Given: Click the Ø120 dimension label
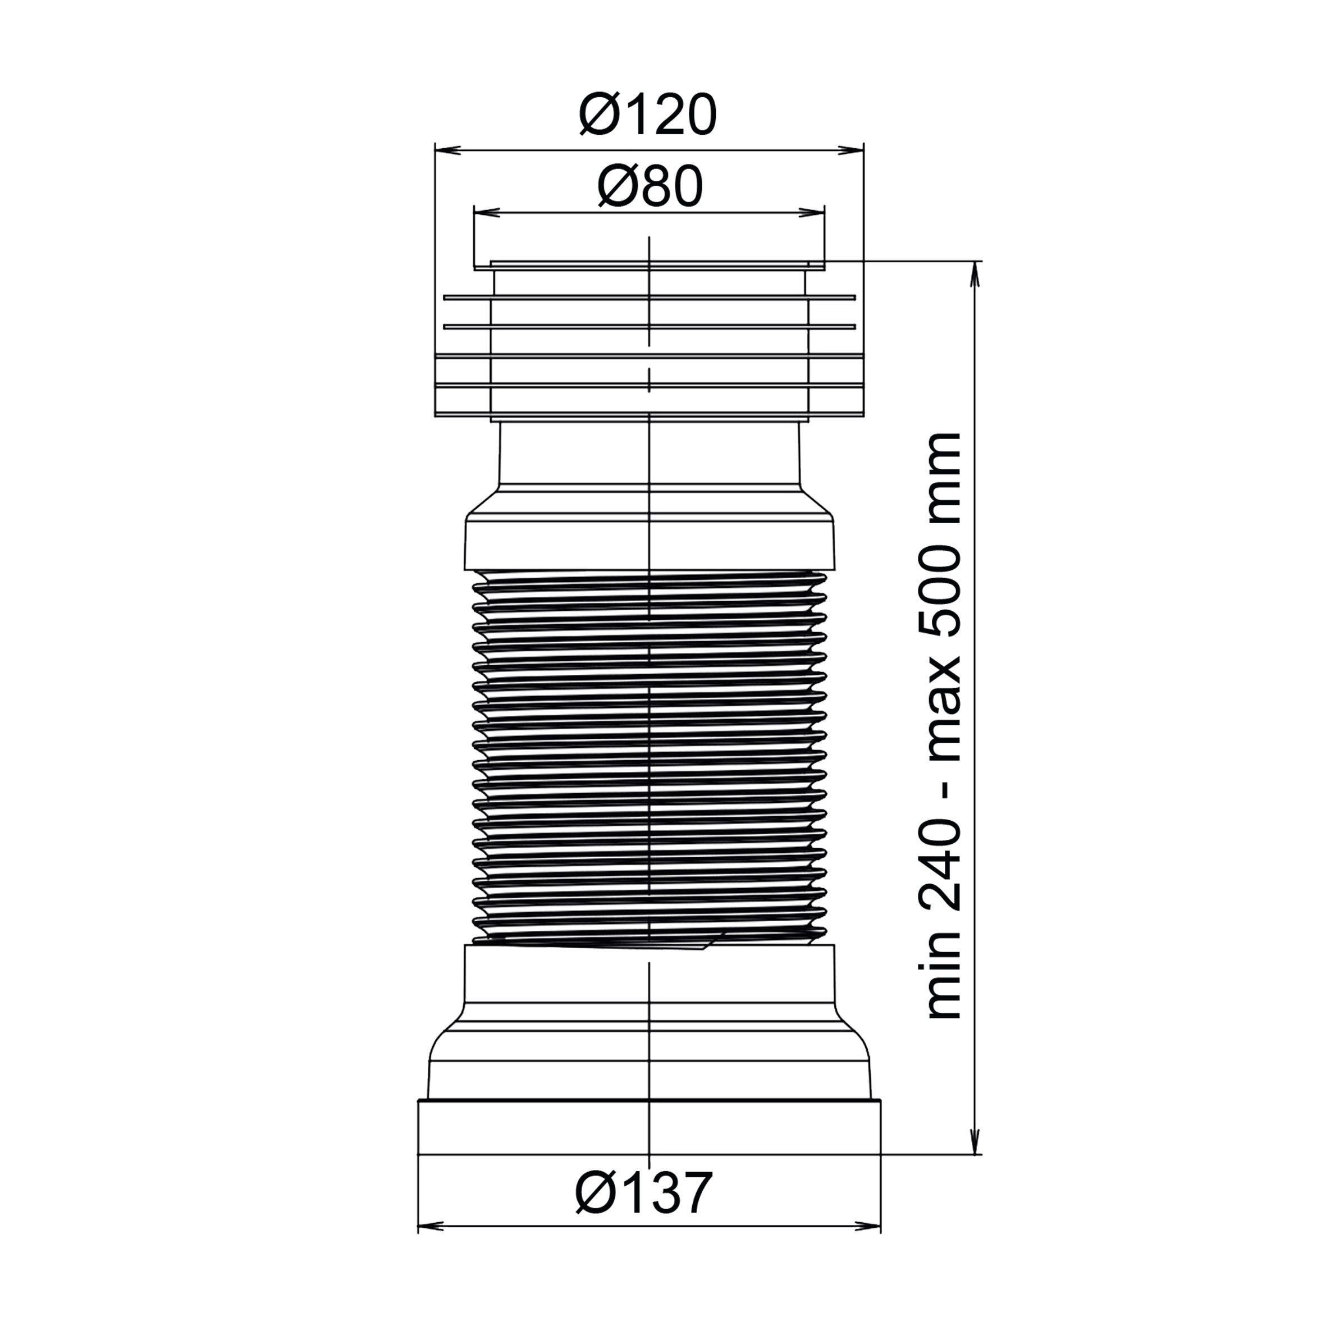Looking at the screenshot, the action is coord(648,115).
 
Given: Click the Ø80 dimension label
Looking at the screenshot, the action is coord(650,188).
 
